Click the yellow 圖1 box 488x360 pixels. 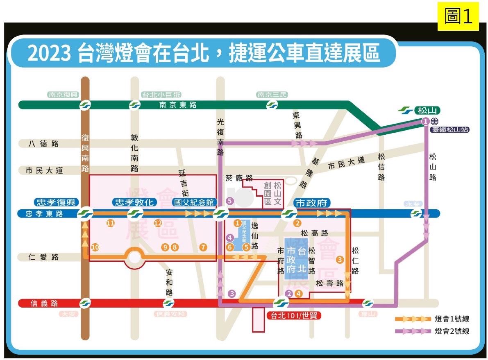(x=458, y=16)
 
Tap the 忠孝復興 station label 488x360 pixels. (x=56, y=202)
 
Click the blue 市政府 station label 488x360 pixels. (x=312, y=202)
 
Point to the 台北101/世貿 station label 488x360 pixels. (x=293, y=316)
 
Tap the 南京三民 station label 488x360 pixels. (x=272, y=95)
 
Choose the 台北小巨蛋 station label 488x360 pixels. (x=158, y=95)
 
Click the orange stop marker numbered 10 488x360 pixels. (x=95, y=247)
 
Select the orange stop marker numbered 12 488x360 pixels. (x=158, y=223)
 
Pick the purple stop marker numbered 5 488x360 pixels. (x=229, y=201)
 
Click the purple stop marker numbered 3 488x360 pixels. (x=232, y=293)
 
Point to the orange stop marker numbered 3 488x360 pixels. (x=339, y=259)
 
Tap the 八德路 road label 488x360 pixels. (x=43, y=144)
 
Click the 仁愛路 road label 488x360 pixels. (x=43, y=257)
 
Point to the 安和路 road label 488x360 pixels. (x=169, y=282)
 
